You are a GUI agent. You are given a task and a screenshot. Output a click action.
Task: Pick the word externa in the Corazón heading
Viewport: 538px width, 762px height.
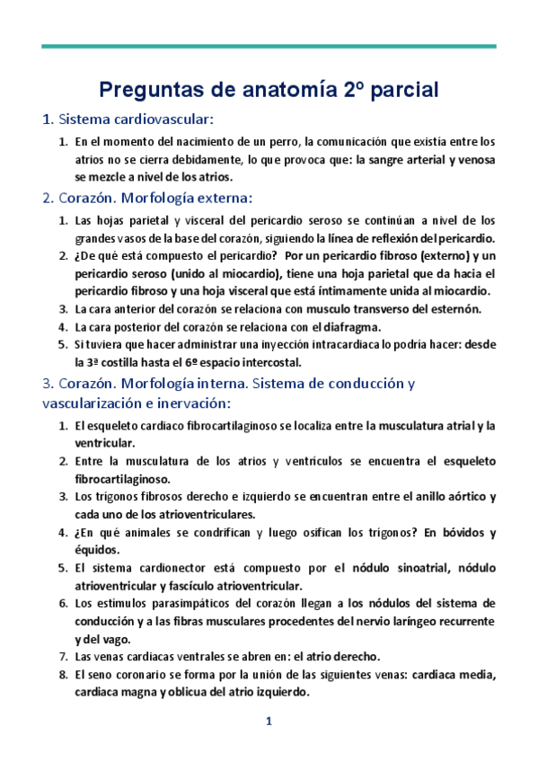[224, 198]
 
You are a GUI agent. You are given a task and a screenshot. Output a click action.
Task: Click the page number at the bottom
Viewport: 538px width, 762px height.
[268, 723]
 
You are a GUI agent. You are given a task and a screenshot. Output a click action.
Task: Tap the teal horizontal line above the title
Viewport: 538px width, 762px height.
[269, 46]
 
